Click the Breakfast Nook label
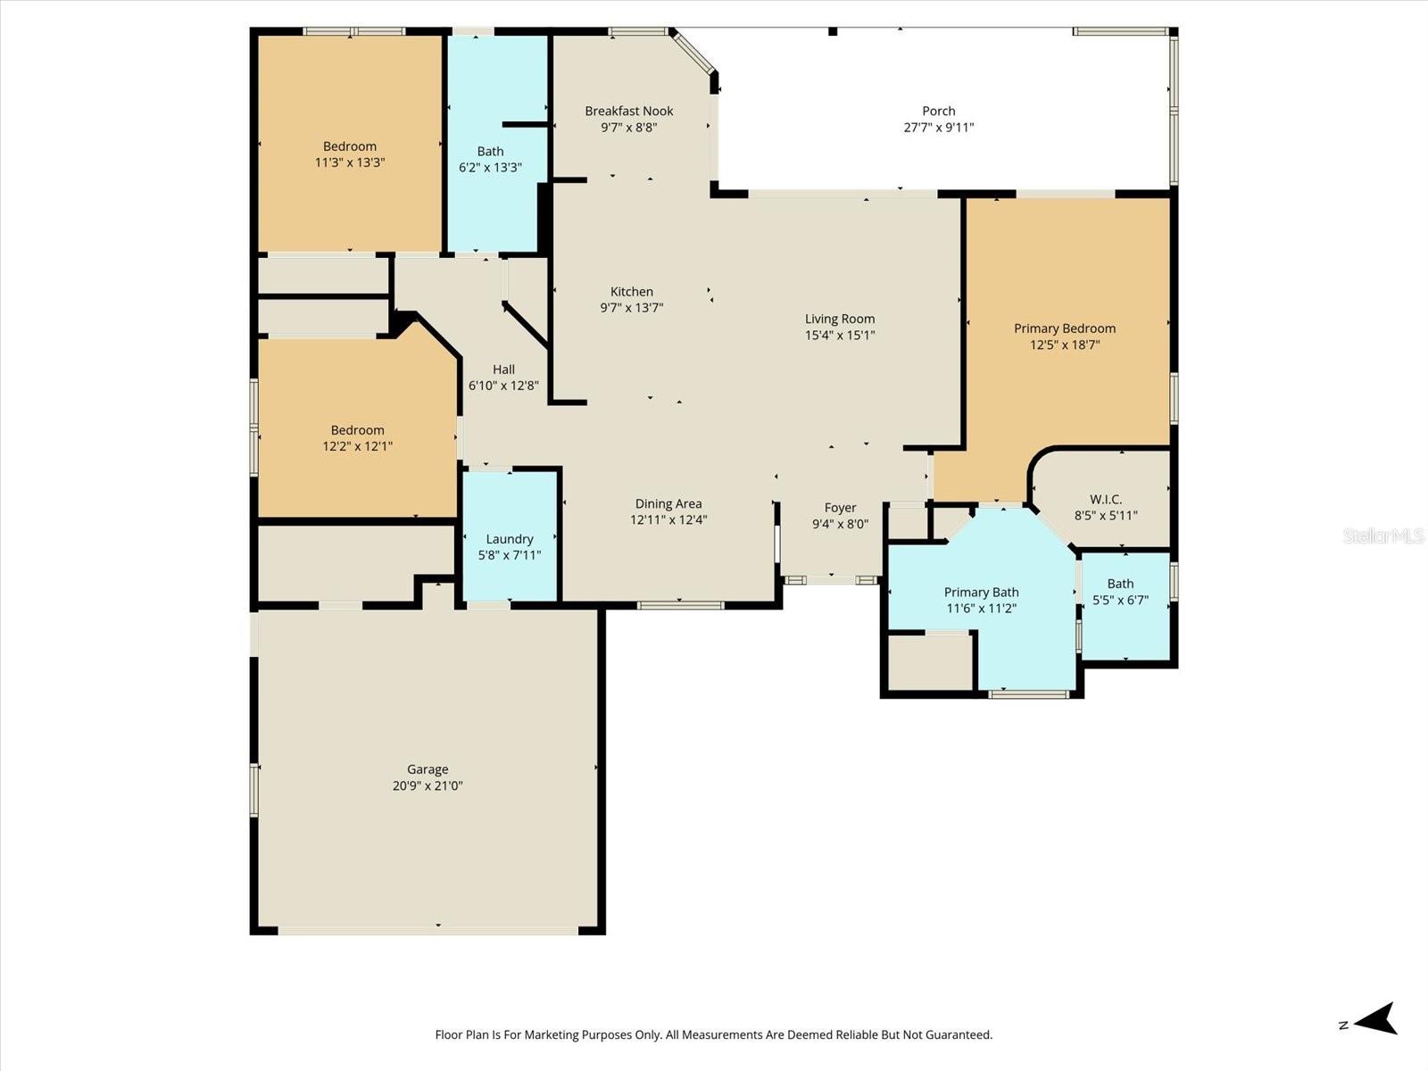pos(628,111)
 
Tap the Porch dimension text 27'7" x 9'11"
pos(938,128)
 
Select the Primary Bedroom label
pos(1064,328)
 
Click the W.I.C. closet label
pos(1105,500)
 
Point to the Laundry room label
pos(509,539)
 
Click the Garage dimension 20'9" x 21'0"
pos(427,786)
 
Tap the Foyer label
pos(840,508)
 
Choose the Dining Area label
pos(668,503)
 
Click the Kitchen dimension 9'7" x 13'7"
pos(631,308)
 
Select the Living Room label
pos(839,319)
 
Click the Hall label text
pos(503,369)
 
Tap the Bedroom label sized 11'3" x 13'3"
pos(349,146)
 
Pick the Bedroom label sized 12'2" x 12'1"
pos(357,430)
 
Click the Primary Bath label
pos(981,593)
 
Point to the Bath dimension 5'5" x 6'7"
pos(1120,601)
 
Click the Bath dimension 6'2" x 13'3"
pos(490,168)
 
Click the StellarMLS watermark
pos(1382,535)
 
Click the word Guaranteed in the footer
pos(958,1035)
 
